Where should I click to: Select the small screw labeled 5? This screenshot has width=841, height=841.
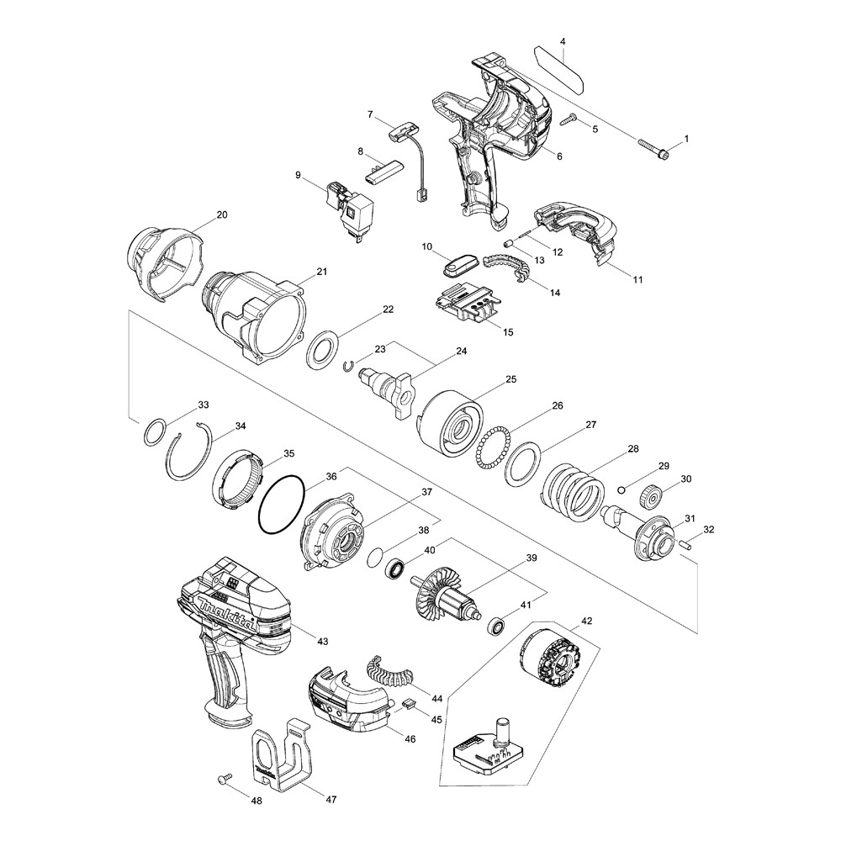[569, 120]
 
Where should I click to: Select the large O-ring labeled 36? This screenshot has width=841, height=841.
[281, 505]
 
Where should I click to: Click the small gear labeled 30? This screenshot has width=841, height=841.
[651, 495]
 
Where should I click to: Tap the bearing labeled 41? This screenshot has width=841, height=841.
[497, 626]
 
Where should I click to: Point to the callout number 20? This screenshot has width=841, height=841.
[221, 215]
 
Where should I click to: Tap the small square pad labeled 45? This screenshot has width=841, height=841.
[409, 703]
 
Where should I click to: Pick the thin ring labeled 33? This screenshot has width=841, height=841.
[154, 433]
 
